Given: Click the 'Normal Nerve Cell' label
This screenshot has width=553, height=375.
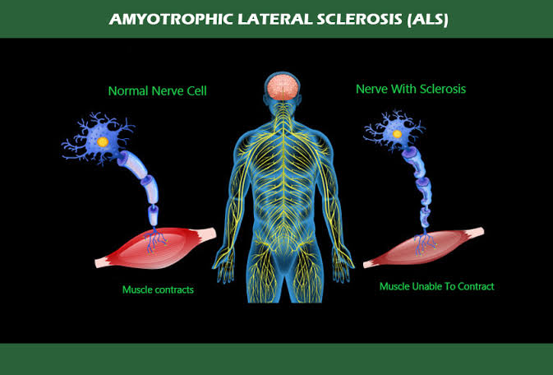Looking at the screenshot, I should pos(157,90).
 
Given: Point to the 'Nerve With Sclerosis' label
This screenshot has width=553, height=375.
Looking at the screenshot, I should pos(410,88).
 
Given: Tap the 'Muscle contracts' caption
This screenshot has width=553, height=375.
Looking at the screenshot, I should pos(158,289).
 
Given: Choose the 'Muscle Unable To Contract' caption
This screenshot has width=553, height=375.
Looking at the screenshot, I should pos(436,286).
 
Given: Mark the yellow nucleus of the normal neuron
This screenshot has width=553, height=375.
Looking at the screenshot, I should pos(102,142).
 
